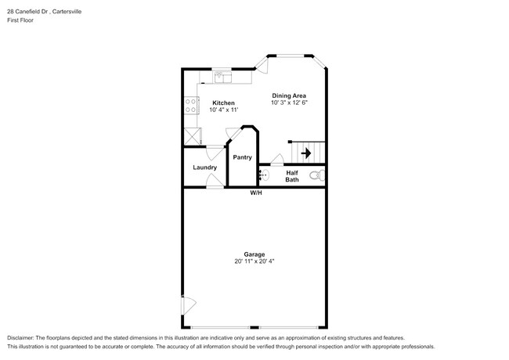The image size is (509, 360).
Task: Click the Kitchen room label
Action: (223, 103)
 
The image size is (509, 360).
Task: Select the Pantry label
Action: (242, 157)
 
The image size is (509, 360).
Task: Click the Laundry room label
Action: (205, 167)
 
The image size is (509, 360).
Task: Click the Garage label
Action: (254, 254)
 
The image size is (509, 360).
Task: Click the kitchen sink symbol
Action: (224, 77)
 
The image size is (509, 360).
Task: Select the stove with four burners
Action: (190, 105)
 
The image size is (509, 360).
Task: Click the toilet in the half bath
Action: (316, 175)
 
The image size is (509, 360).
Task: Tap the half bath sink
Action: (265, 175)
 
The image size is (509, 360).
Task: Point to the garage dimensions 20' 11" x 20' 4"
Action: (254, 261)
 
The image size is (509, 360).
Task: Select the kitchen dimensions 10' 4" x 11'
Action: (223, 110)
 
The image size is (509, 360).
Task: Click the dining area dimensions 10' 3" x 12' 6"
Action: (289, 103)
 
